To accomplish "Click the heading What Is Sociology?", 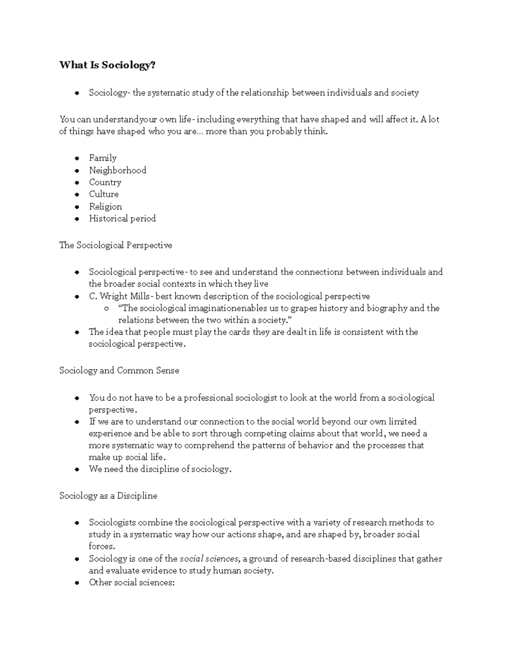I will coord(107,65).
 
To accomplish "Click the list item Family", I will coord(103,158).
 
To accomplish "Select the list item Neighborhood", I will coord(117,170).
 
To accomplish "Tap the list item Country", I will coord(105,182).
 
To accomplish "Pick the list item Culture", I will coord(104,194).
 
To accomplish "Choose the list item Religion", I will coord(105,206).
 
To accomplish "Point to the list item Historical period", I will coord(122,219).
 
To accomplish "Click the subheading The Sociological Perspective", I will coord(115,245).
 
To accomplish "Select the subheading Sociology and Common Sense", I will coord(119,370).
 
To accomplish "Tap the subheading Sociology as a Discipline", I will coord(108,496).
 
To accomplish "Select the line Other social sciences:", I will coord(131,583).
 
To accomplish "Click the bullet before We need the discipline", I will coord(77,470).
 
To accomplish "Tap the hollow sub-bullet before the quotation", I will coord(106,309).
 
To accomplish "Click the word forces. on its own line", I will coord(101,547).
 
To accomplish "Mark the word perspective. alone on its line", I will coord(113,410).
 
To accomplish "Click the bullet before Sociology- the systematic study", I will coord(77,93).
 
